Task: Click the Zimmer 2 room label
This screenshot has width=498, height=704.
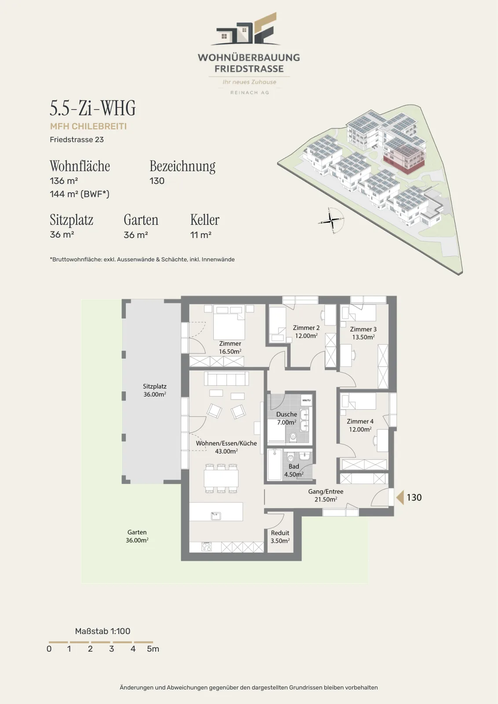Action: tap(306, 332)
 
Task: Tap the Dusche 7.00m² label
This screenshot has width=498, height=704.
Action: tap(286, 418)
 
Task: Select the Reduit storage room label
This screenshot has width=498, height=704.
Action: tap(280, 537)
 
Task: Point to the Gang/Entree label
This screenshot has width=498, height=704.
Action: tap(326, 495)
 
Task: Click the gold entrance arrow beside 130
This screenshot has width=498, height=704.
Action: tap(400, 498)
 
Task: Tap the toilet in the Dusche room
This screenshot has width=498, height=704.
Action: tap(293, 436)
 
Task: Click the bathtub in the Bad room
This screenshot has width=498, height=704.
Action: tap(275, 465)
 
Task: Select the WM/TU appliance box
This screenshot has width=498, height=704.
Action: tap(306, 400)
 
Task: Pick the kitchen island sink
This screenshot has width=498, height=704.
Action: tap(216, 516)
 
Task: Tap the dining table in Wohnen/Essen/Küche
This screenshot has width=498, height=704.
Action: tap(221, 478)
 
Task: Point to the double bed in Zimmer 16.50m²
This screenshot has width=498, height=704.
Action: tap(229, 322)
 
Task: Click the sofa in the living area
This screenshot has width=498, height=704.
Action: tap(226, 379)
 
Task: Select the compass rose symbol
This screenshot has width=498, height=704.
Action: tap(331, 220)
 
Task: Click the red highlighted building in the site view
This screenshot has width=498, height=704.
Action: tap(404, 159)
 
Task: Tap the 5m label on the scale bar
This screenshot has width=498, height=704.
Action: tap(153, 649)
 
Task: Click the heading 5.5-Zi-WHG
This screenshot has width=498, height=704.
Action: tap(93, 108)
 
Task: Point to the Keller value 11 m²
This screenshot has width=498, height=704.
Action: tap(201, 235)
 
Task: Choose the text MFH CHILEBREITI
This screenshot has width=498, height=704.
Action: tap(88, 126)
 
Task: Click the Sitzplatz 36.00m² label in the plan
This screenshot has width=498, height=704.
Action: tap(154, 390)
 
